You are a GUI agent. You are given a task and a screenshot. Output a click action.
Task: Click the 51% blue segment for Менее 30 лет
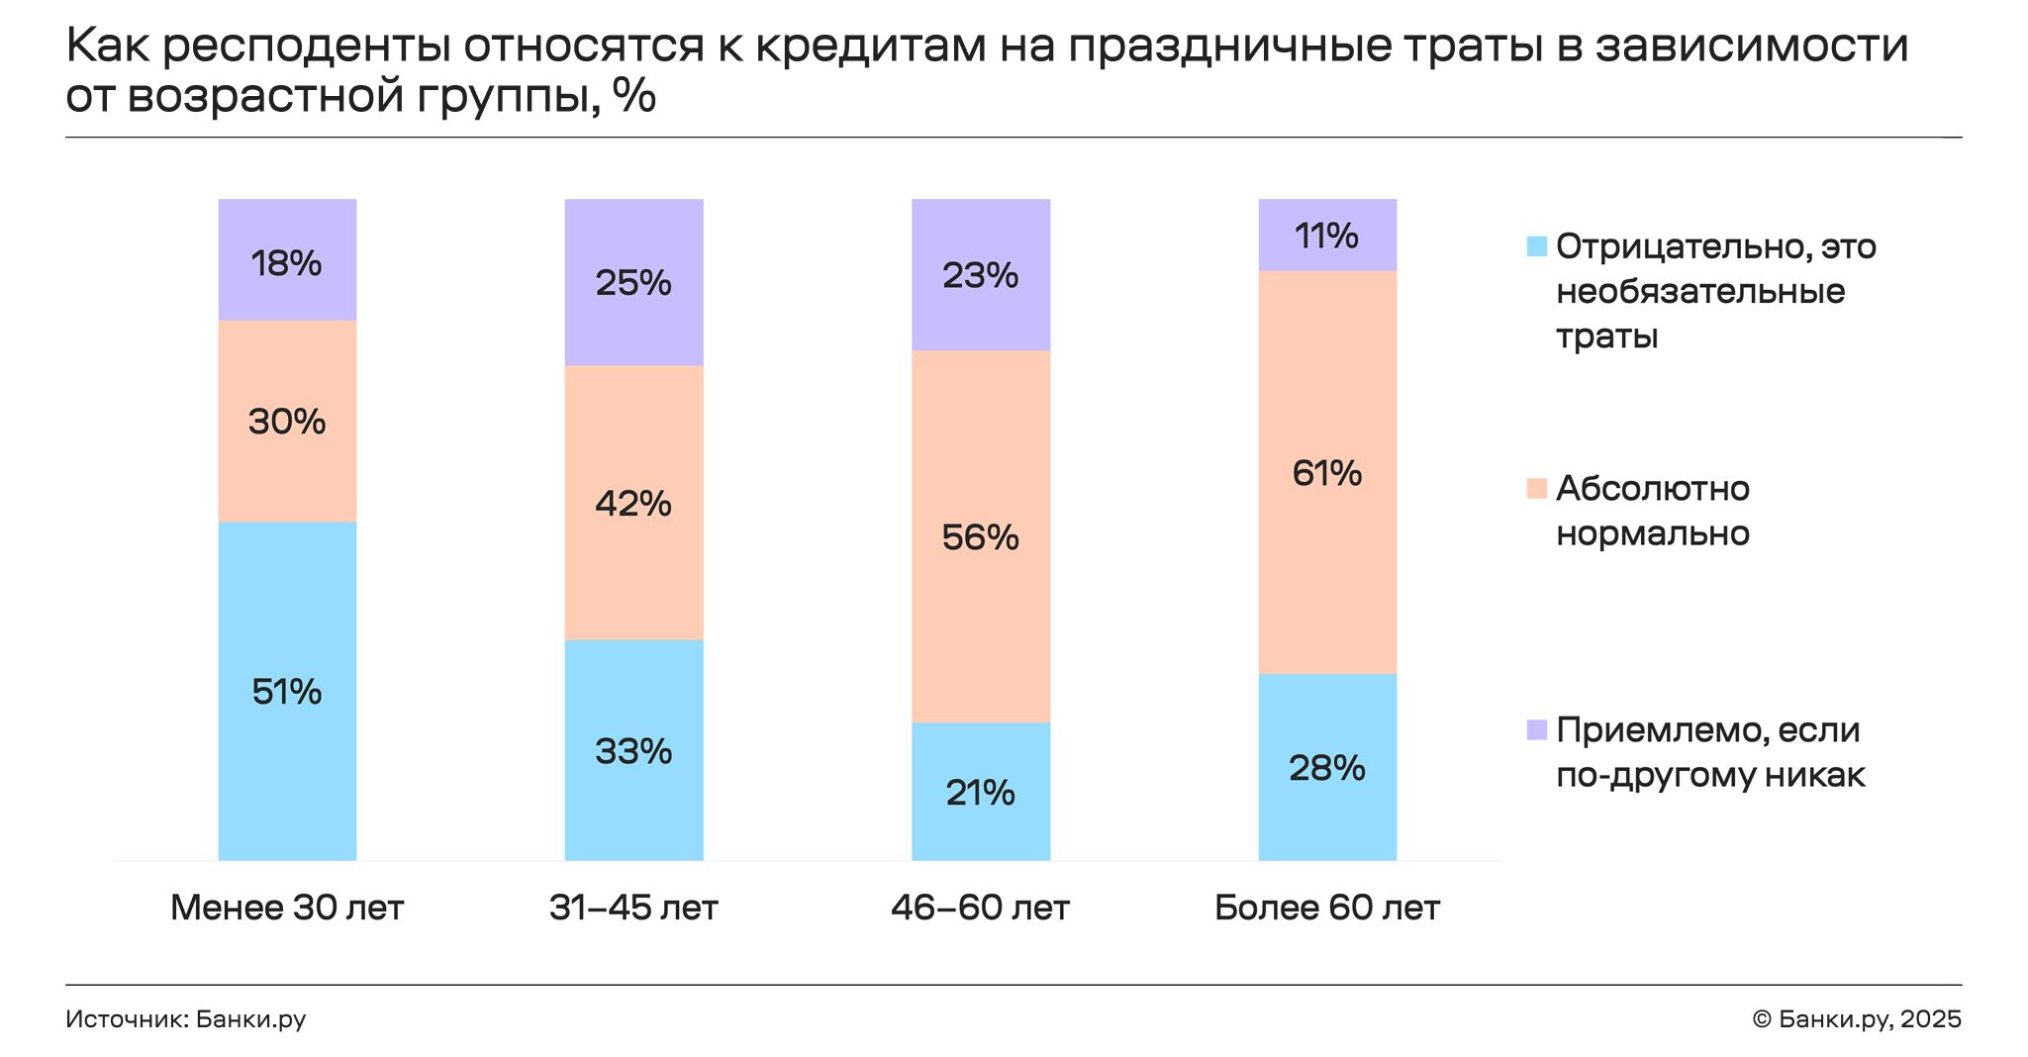pyautogui.click(x=287, y=691)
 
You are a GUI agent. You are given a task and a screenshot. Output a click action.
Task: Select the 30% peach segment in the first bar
pyautogui.click(x=287, y=422)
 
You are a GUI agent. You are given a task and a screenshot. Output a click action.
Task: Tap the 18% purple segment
pyautogui.click(x=287, y=261)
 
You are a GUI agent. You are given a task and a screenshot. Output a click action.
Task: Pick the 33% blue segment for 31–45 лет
pyautogui.click(x=633, y=750)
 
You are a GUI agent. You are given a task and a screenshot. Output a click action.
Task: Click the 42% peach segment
pyautogui.click(x=633, y=503)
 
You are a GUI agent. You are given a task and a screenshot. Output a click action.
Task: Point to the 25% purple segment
pyautogui.click(x=633, y=283)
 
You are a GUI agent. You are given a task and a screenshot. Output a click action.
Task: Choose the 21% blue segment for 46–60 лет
pyautogui.click(x=980, y=792)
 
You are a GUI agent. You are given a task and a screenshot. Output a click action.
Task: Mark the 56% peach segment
pyautogui.click(x=980, y=536)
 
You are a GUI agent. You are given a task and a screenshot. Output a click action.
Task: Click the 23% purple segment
pyautogui.click(x=980, y=275)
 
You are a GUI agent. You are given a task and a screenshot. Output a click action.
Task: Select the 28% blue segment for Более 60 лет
pyautogui.click(x=1327, y=767)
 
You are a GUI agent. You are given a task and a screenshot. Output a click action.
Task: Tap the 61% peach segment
pyautogui.click(x=1327, y=473)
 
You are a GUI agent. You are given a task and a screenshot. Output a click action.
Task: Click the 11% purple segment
pyautogui.click(x=1327, y=236)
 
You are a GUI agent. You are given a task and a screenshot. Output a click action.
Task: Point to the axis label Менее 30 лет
pyautogui.click(x=287, y=908)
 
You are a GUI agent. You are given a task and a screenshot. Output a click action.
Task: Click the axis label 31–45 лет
pyautogui.click(x=633, y=908)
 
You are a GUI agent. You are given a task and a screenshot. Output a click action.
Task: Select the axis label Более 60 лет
pyautogui.click(x=1327, y=908)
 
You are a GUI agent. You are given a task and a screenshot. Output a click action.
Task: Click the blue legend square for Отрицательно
pyautogui.click(x=1536, y=246)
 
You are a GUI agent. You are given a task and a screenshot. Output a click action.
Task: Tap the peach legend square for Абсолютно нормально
pyautogui.click(x=1536, y=488)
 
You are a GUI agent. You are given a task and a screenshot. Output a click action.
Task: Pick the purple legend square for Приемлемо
pyautogui.click(x=1536, y=730)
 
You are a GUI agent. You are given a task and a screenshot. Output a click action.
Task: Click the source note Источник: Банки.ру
pyautogui.click(x=186, y=1019)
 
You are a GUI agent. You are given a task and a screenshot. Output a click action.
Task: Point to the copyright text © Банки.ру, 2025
pyautogui.click(x=1856, y=1019)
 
